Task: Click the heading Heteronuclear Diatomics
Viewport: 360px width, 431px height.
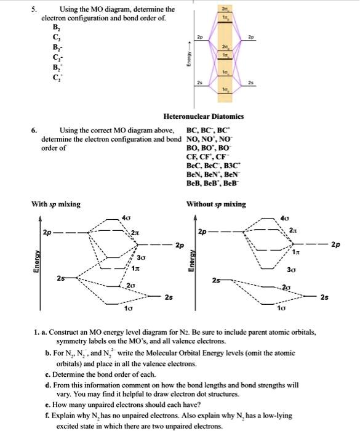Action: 203,116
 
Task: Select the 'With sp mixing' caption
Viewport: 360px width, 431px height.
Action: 56,204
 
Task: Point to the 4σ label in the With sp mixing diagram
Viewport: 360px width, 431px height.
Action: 126,217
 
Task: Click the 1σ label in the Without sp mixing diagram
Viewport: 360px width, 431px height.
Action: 281,307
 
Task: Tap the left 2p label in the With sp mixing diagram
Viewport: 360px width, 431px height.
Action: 47,233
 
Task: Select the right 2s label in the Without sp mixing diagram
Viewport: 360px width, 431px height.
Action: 324,297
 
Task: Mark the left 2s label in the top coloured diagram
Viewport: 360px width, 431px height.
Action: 198,81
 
